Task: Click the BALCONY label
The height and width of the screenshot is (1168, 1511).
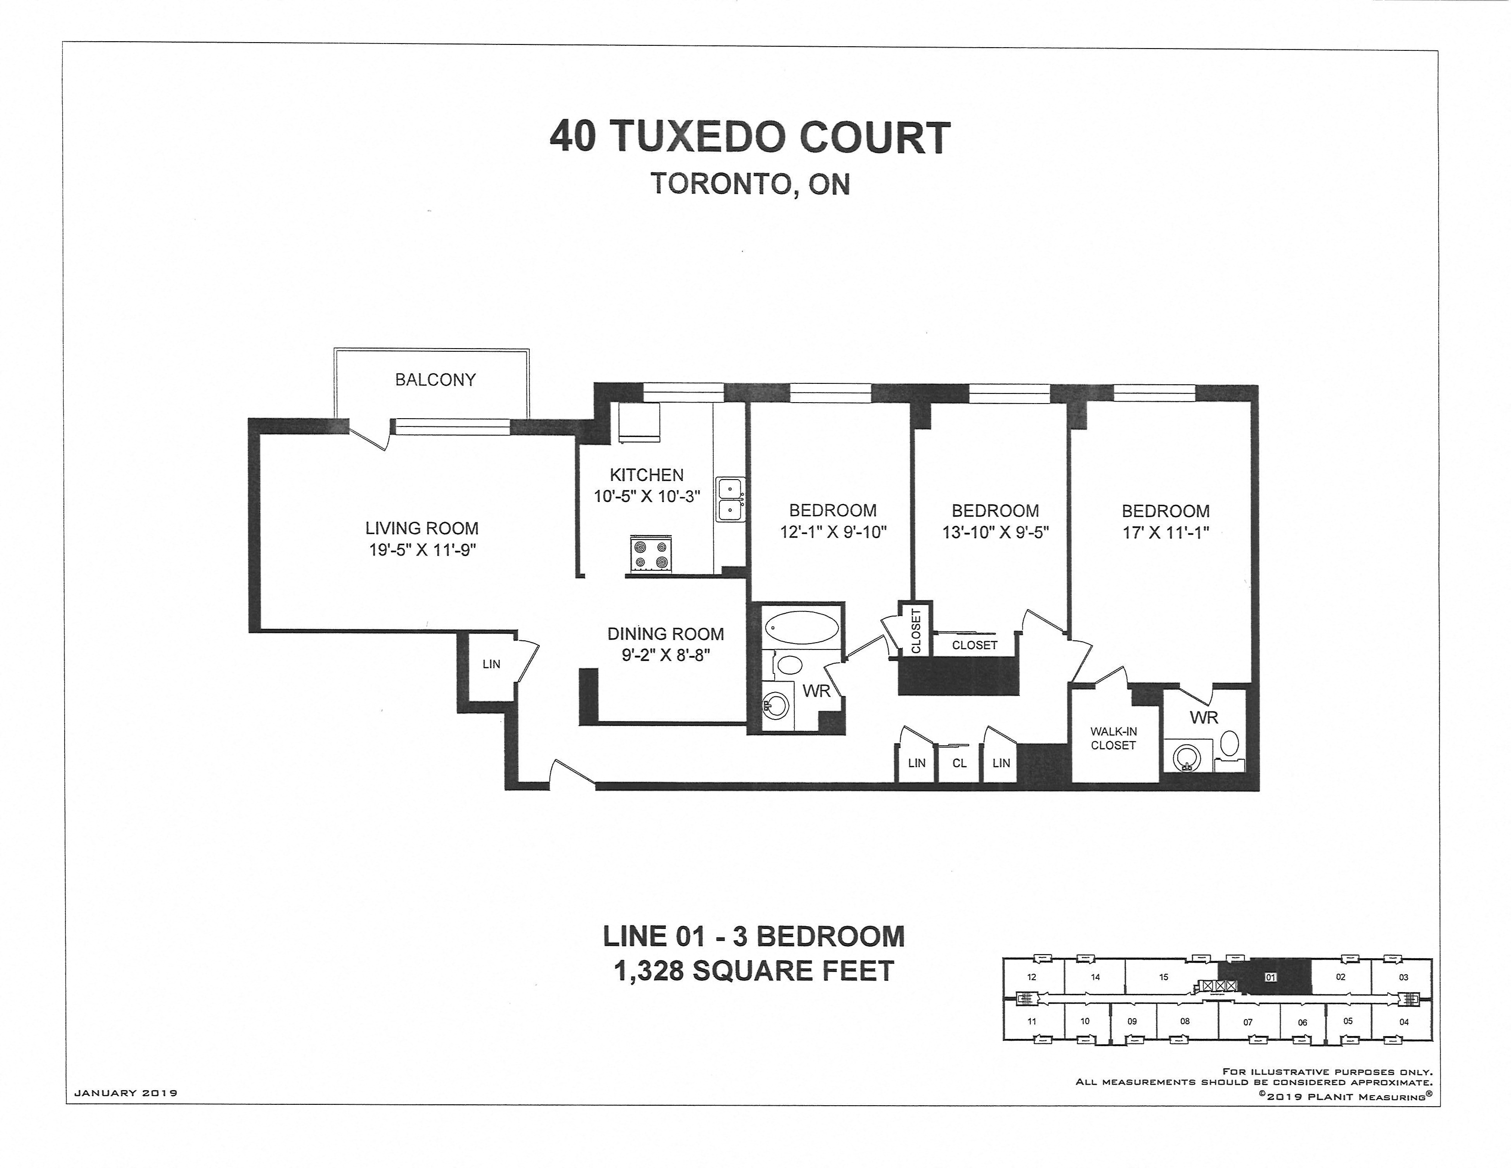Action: coord(435,380)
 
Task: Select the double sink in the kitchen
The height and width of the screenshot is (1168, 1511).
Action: coord(730,500)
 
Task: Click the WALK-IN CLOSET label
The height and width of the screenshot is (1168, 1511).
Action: coord(1113,738)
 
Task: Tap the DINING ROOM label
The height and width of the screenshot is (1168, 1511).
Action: coord(666,634)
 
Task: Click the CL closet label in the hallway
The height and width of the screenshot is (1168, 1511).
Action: coord(959,763)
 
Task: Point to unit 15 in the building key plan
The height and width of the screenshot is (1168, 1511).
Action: coord(1163,977)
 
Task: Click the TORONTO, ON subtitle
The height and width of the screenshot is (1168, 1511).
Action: coord(750,184)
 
